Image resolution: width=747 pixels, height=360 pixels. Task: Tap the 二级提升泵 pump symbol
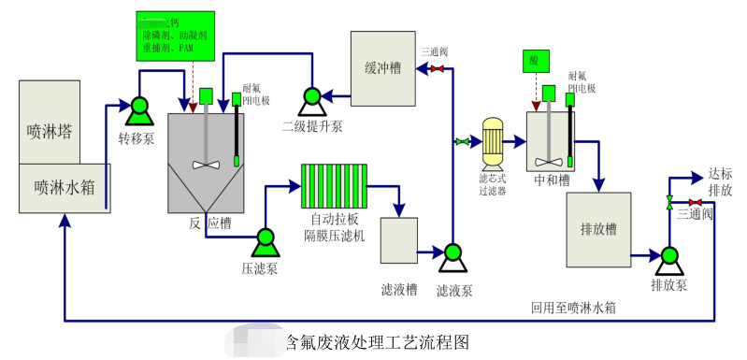pos(310,97)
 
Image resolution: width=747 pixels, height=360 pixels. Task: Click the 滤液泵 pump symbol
pos(453,254)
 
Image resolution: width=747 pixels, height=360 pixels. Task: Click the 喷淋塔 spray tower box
pos(49,122)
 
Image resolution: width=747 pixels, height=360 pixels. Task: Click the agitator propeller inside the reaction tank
pos(205,165)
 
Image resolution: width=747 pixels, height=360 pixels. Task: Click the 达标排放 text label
pos(719,181)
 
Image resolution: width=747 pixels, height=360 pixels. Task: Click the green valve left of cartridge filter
pos(462,142)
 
